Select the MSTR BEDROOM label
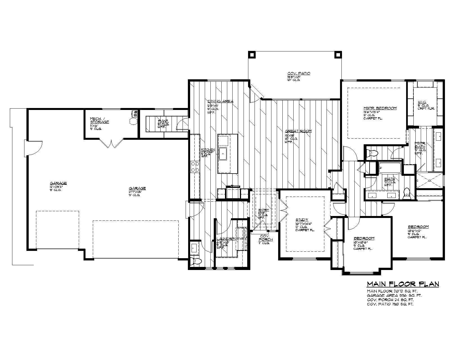(380, 108)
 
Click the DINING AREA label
(220, 101)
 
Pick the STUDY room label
(302, 220)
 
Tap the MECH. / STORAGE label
(99, 120)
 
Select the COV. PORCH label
(266, 238)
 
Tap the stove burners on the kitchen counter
(195, 166)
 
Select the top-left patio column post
(251, 54)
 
